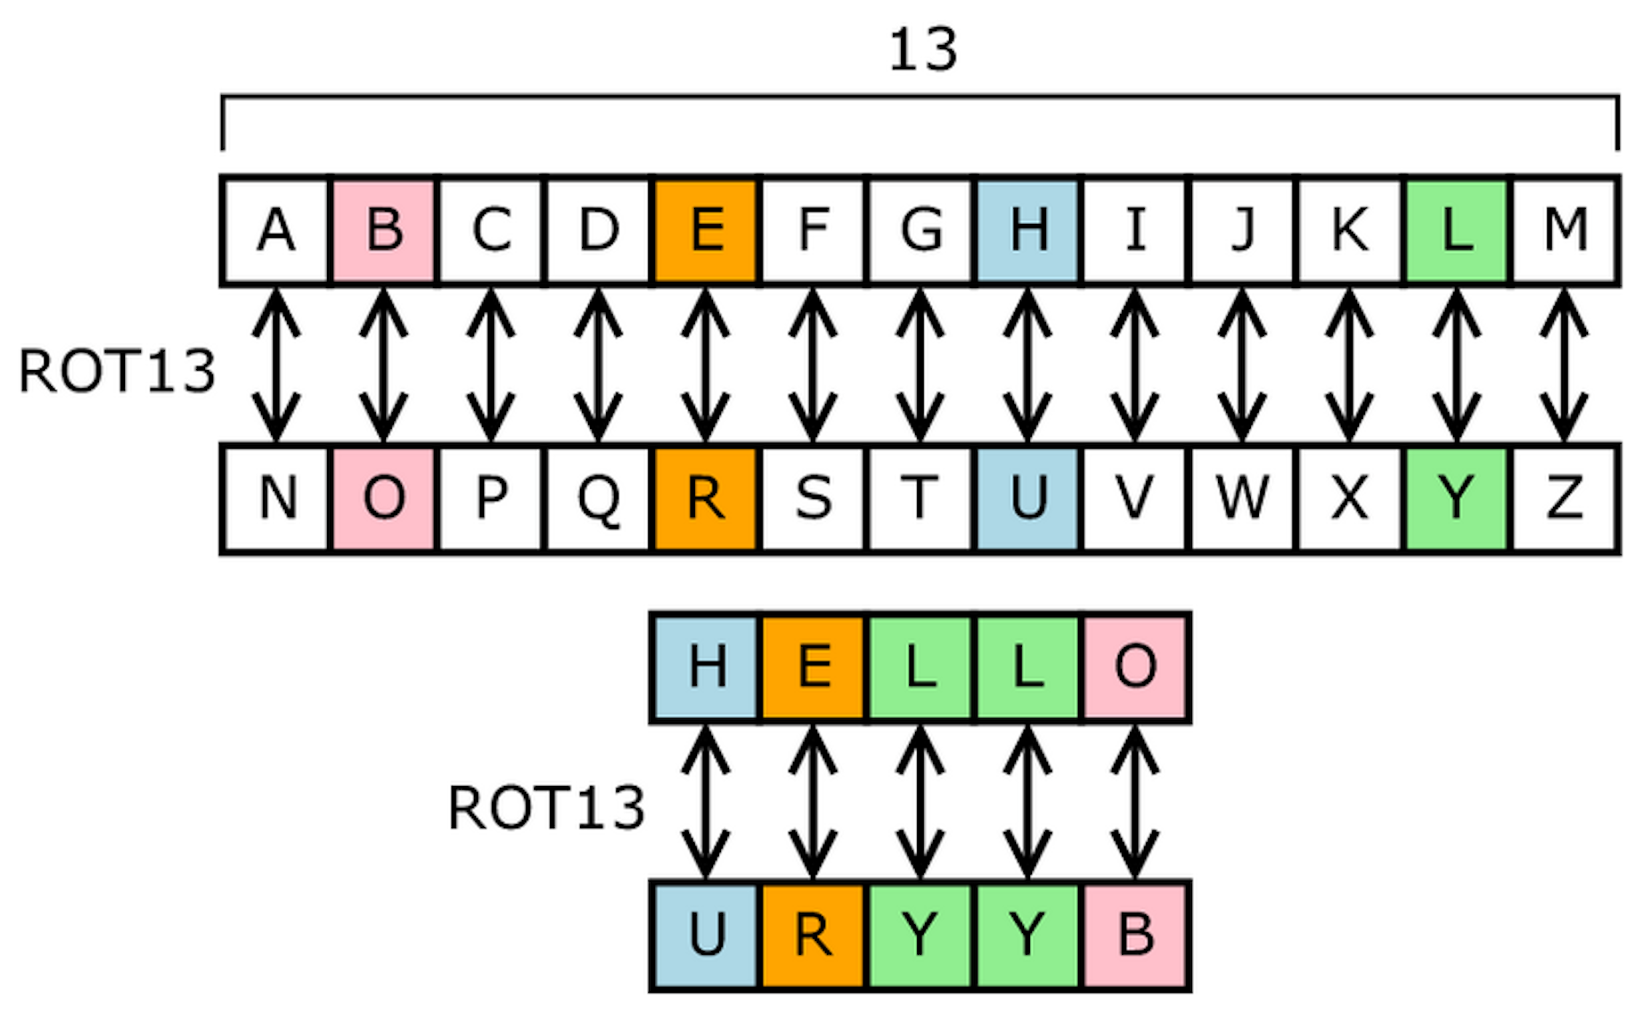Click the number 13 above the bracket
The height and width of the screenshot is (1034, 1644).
coord(922,49)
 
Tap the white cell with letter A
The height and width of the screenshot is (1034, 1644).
coord(275,231)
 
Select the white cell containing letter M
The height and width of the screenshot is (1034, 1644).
coord(1565,231)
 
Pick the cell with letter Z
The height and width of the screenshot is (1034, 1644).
coord(1565,499)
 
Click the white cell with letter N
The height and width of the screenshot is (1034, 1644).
coord(277,499)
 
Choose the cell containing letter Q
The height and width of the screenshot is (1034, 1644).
coord(598,499)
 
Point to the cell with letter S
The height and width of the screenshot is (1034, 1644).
coord(813,499)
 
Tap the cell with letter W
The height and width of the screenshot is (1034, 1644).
coord(1242,499)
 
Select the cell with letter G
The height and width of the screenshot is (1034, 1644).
coord(920,231)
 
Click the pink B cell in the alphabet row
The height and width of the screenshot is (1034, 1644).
coord(384,231)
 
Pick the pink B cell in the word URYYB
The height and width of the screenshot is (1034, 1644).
coord(1135,935)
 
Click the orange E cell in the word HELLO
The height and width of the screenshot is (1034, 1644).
coord(813,667)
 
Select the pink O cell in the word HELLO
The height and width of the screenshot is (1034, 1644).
coord(1135,667)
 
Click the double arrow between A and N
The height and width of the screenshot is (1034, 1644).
coord(276,364)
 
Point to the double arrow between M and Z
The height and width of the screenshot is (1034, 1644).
coord(1564,364)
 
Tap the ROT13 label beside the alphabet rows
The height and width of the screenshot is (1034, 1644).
coord(116,372)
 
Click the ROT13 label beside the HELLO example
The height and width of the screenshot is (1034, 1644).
coord(546,808)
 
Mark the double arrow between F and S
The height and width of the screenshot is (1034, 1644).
coord(813,364)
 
